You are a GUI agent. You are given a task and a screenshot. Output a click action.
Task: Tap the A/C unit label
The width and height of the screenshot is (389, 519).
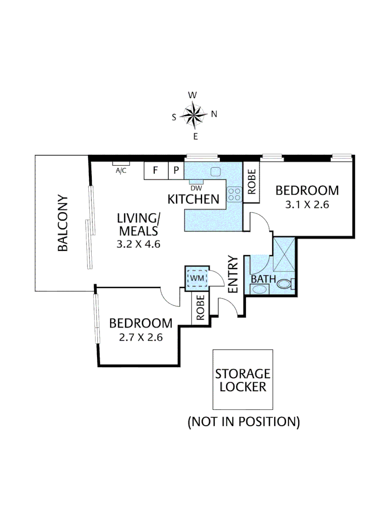121,170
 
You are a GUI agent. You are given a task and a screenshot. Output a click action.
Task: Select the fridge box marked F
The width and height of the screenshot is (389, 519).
155,171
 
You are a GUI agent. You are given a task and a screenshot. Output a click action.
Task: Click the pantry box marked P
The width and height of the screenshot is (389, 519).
175,171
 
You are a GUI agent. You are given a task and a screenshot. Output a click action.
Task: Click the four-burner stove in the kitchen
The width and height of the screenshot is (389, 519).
234,194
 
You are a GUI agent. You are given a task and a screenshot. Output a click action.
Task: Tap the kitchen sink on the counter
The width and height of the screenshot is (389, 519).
215,171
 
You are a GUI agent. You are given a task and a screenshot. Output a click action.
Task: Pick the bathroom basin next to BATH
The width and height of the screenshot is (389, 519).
259,289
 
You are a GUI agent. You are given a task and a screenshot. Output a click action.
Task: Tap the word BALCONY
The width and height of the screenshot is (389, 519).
62,222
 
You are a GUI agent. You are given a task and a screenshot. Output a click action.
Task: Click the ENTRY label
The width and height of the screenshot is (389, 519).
233,274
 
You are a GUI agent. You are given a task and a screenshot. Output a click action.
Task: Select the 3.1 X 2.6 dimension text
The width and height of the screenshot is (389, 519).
306,204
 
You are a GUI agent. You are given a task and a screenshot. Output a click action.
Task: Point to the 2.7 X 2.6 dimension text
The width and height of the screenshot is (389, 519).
141,337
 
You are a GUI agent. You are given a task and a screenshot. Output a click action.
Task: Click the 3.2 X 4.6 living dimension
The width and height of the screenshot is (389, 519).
138,244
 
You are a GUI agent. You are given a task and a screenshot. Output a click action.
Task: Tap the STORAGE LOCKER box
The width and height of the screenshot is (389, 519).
243,380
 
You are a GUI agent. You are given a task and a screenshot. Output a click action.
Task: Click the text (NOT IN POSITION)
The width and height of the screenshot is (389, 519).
243,422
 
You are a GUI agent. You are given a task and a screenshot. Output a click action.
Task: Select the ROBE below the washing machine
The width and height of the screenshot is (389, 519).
201,308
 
